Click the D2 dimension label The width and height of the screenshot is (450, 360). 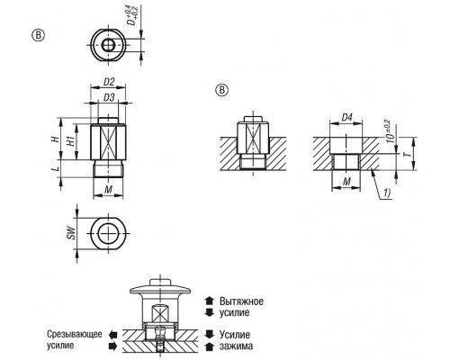point(109,82)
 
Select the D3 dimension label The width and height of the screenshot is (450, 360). point(109,98)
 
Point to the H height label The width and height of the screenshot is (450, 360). point(55,139)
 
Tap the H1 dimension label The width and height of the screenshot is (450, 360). point(71,140)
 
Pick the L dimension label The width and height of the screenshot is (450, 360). point(55,168)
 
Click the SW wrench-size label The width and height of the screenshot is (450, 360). point(71,233)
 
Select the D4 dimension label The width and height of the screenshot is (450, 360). point(346,117)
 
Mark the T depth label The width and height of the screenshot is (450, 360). point(407,154)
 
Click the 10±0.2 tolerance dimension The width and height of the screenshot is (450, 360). point(390,130)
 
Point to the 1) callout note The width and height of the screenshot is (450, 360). point(387,193)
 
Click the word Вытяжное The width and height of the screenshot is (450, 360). point(241,301)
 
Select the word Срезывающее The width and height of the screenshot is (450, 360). point(75,334)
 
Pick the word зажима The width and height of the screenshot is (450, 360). point(236,346)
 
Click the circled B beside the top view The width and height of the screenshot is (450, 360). point(38,35)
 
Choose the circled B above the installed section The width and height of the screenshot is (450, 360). point(221,90)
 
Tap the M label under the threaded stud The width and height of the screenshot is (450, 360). point(109,189)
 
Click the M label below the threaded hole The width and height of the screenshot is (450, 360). point(346,182)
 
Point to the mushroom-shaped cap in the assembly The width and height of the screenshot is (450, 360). point(160,289)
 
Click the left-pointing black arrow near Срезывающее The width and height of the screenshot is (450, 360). point(112,334)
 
